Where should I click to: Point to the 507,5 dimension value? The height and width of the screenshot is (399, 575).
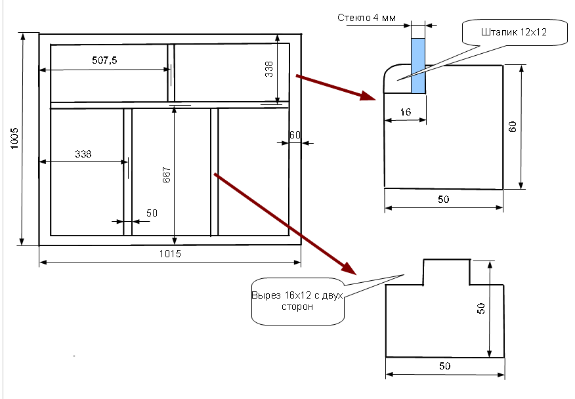(105, 60)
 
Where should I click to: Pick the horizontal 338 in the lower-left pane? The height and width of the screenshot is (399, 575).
(83, 154)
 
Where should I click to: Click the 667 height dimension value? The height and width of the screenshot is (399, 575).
(166, 175)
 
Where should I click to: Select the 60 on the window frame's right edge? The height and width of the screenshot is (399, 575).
(295, 135)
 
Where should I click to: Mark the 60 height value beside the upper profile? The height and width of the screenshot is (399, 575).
(513, 126)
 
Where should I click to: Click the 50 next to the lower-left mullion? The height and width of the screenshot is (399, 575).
(152, 213)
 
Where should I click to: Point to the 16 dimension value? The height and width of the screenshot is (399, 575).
(405, 112)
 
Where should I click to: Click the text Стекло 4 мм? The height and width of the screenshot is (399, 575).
(366, 18)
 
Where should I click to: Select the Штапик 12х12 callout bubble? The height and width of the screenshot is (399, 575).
(515, 32)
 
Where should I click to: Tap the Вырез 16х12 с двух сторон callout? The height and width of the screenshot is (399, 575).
(298, 301)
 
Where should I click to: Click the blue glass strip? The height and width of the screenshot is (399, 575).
(418, 66)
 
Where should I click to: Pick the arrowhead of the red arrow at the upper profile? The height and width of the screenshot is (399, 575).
(369, 96)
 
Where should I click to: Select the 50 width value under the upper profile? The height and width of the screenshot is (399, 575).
(444, 199)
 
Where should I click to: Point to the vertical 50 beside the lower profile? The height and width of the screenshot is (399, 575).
(480, 307)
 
